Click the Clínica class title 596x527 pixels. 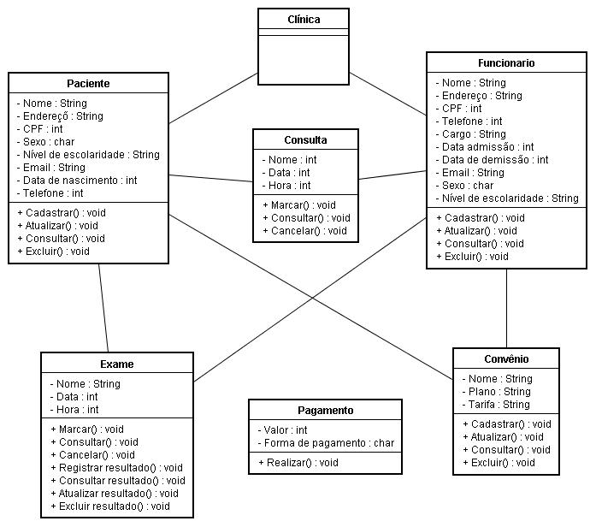coord(304,20)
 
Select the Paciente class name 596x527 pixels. coord(88,83)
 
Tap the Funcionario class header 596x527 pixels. coord(506,62)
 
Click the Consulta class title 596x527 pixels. coord(305,140)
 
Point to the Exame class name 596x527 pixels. coord(117,364)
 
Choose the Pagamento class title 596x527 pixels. coord(326,411)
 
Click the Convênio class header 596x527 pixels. coord(506,359)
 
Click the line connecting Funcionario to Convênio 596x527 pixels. coord(506,308)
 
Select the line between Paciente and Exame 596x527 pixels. coord(103,308)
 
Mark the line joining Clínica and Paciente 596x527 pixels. coord(213,98)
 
